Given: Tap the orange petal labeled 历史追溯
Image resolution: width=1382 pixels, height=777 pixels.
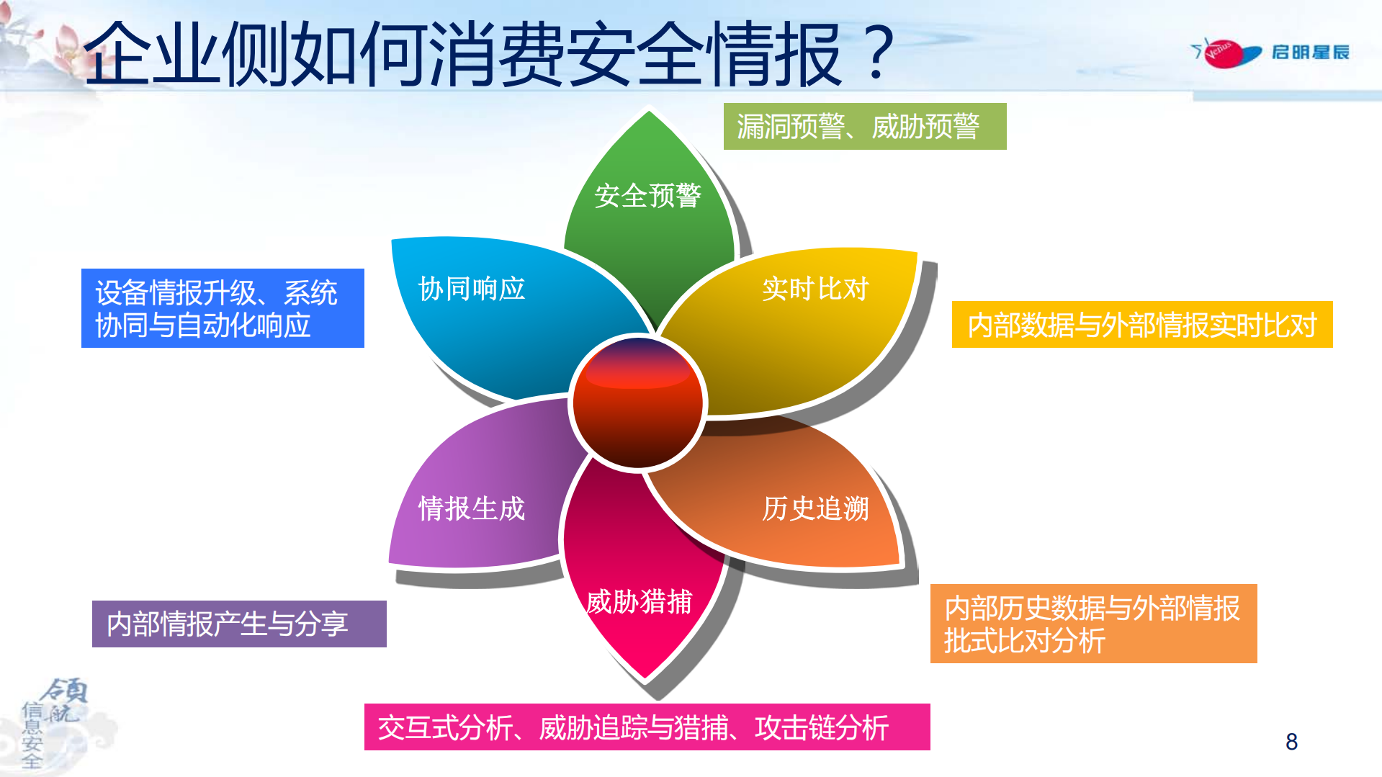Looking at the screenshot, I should [799, 511].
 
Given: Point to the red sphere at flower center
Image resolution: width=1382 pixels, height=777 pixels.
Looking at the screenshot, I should [637, 403].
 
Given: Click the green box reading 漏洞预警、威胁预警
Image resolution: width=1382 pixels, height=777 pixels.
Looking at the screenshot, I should [864, 127].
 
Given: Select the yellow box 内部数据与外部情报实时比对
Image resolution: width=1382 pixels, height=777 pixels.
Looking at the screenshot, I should [1141, 325].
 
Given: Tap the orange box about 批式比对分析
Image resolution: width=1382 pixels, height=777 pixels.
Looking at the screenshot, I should [1093, 624].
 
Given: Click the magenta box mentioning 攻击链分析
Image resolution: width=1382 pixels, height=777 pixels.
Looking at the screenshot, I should [647, 727].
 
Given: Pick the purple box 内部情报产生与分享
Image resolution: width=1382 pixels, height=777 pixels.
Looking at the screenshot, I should [239, 624].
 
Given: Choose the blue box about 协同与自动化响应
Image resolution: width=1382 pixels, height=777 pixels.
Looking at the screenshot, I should [223, 308].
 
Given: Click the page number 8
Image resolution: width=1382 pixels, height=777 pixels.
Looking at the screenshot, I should [1291, 742].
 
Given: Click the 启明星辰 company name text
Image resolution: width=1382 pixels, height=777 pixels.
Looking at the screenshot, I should [1310, 53].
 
